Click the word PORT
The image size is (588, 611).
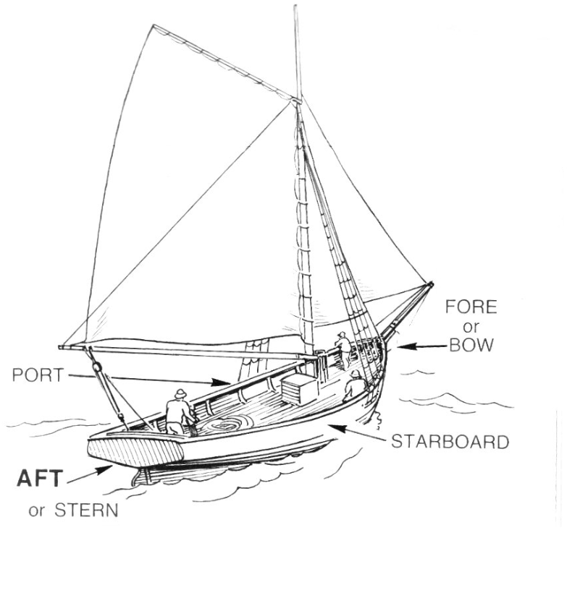tap(38, 375)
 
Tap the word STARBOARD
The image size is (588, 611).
tap(450, 442)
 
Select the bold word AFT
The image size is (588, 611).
tap(39, 478)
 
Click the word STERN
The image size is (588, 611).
tap(86, 510)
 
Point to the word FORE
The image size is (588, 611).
tap(471, 307)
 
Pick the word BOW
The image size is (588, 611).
tap(471, 345)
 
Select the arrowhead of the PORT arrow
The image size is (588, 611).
tap(220, 382)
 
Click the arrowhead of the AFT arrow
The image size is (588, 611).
tap(104, 470)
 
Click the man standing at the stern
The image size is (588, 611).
tap(180, 412)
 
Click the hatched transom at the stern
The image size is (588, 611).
tap(136, 452)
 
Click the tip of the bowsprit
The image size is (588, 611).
tap(431, 284)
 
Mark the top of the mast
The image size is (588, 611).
tap(296, 7)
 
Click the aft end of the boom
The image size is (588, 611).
tap(61, 346)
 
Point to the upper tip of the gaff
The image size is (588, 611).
tap(154, 26)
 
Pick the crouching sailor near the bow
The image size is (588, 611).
tap(354, 386)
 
